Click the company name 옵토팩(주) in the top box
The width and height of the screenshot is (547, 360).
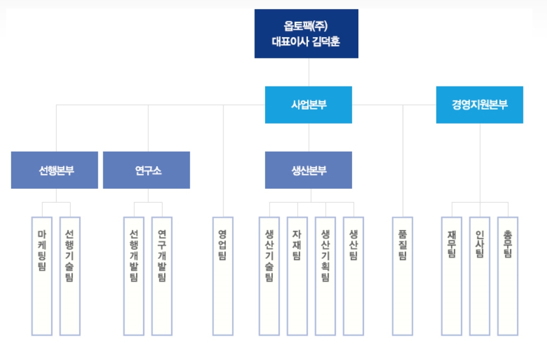pos(306,26)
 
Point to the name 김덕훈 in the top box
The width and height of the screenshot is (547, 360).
pos(325,42)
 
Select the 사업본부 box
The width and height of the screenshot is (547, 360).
pos(308,104)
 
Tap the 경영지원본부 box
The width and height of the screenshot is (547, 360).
pos(480,104)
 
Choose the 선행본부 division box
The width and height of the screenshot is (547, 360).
pos(54,170)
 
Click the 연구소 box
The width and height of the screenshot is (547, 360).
pos(147,170)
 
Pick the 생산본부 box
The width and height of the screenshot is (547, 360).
pos(308,170)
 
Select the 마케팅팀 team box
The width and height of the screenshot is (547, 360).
pos(42,275)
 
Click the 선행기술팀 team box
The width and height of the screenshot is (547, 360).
pos(70,275)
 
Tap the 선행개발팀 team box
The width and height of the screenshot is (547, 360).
pos(134,275)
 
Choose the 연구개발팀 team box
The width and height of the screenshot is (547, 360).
pos(162,275)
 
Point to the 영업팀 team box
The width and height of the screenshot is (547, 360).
pos(223,275)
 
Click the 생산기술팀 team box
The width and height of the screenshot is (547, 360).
pos(269,275)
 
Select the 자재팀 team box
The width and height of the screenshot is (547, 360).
pos(297,275)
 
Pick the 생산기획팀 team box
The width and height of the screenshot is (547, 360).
pos(325,275)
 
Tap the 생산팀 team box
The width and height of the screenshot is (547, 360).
pos(353,275)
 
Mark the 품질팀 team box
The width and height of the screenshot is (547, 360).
pos(403,275)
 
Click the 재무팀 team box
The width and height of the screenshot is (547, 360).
pos(452,275)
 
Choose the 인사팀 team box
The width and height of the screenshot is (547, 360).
pos(480,275)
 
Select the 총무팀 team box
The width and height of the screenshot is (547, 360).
pos(508,275)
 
